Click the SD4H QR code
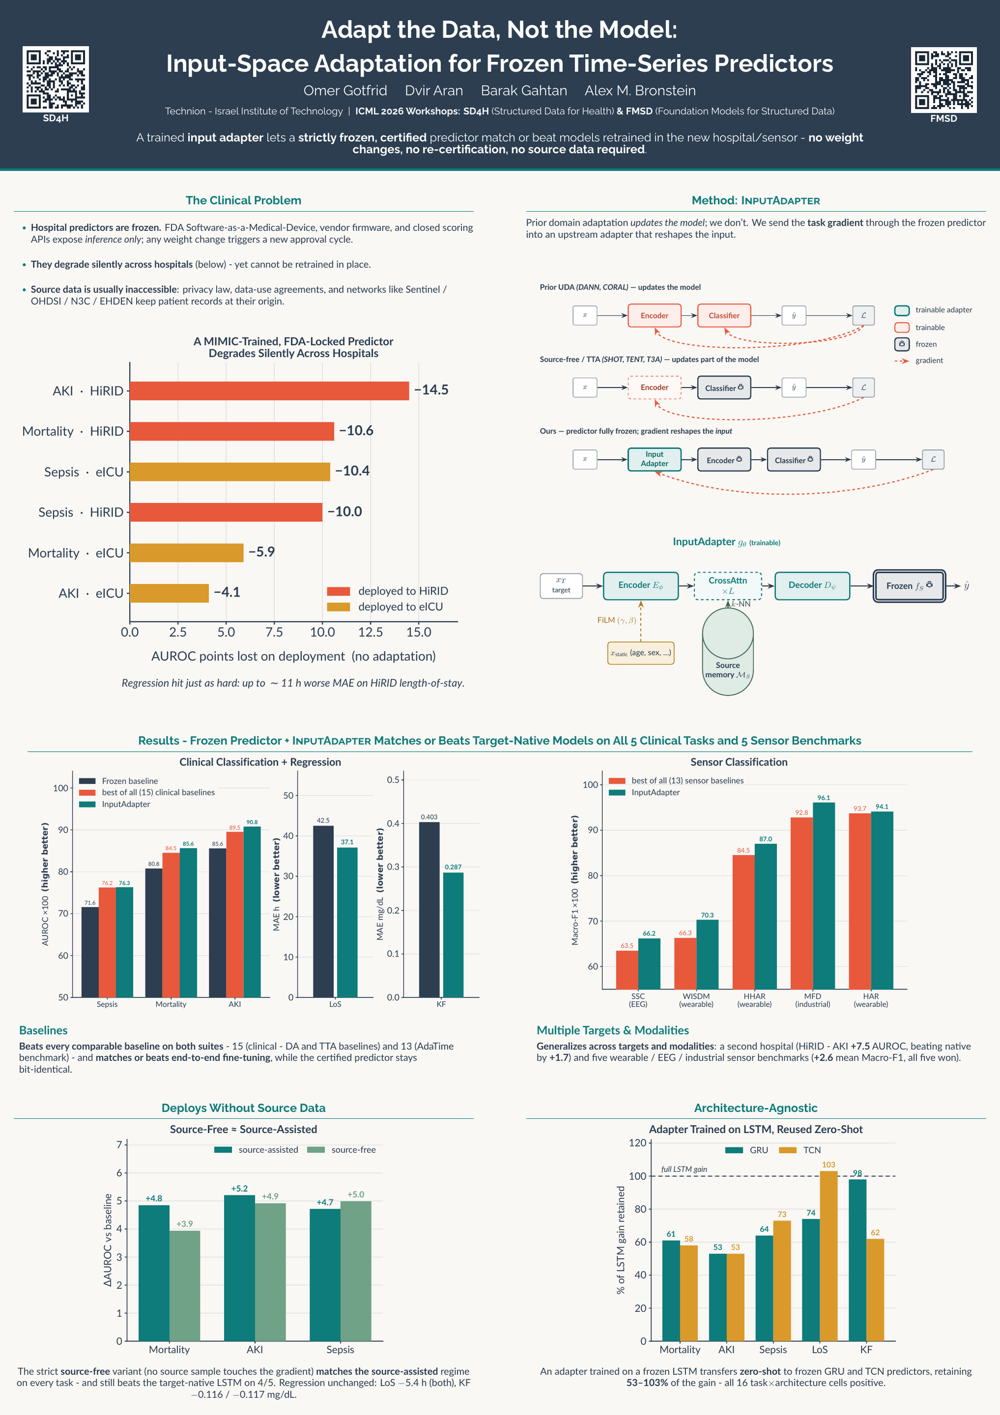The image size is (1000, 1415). pos(56,79)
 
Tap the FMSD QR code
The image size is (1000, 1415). pos(943,80)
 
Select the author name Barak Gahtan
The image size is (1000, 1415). pos(524,90)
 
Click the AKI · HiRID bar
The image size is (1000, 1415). pos(269,391)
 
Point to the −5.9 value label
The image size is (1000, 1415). pos(262,552)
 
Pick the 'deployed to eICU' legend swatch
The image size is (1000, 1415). pos(338,607)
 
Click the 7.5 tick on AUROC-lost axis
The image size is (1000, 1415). pos(274,632)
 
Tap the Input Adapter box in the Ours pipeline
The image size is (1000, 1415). pos(654,459)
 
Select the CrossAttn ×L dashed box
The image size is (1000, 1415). pos(728,586)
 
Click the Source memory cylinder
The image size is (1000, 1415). pos(728,651)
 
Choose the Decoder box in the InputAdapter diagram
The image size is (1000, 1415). pos(812,586)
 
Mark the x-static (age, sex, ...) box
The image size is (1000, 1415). pos(641,652)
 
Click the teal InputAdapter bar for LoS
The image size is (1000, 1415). pos(347,922)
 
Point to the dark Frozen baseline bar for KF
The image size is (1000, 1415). pos(429,909)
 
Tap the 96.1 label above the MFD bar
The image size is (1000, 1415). pos(824,797)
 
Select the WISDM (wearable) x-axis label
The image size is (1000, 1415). pos(696,1000)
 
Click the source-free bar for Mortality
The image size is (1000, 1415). pos(184,1286)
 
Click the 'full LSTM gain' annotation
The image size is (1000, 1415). pos(684,1169)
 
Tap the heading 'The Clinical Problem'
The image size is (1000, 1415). pos(243,200)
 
